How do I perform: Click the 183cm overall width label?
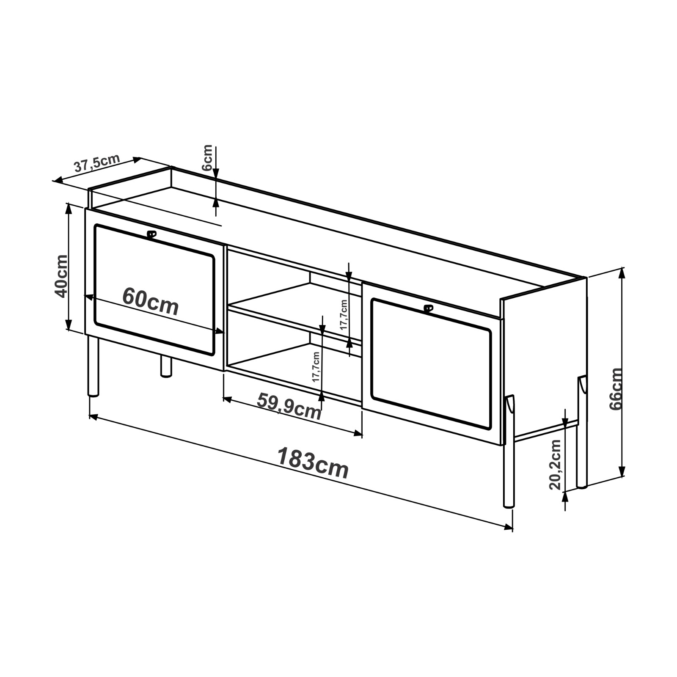(x=313, y=463)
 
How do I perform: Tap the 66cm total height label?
(x=616, y=389)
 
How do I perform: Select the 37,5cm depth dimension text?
(x=97, y=163)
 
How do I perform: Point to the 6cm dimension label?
(x=207, y=157)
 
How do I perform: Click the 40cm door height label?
(x=61, y=276)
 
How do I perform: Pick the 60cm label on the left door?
(x=151, y=302)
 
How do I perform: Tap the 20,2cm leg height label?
(x=555, y=465)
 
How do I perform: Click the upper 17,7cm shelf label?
(x=344, y=315)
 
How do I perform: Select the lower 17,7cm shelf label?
(x=316, y=367)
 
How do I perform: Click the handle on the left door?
(x=151, y=234)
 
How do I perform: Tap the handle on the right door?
(x=428, y=308)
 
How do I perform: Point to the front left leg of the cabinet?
(x=93, y=366)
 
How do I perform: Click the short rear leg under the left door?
(x=166, y=366)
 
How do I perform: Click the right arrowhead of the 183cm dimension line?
(x=509, y=527)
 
